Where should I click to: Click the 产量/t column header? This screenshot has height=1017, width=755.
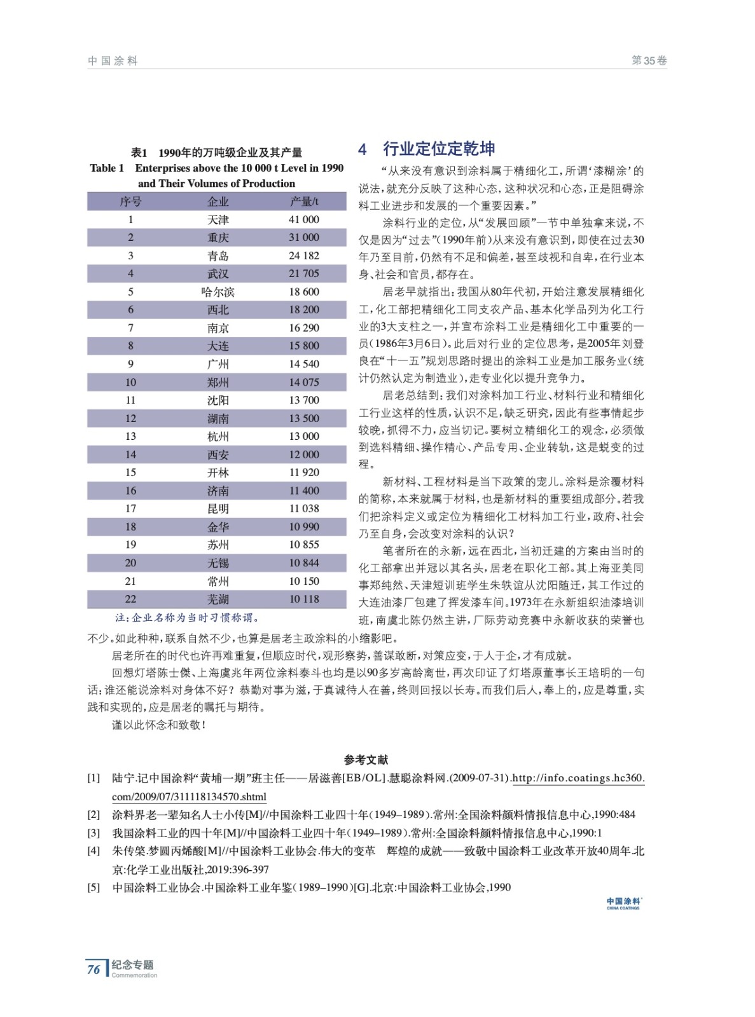pyautogui.click(x=304, y=201)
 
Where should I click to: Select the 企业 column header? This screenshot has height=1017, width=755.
pyautogui.click(x=218, y=201)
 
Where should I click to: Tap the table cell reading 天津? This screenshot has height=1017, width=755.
pyautogui.click(x=218, y=219)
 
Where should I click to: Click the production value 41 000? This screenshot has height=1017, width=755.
pyautogui.click(x=304, y=219)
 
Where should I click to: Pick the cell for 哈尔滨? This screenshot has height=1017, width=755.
pyautogui.click(x=218, y=292)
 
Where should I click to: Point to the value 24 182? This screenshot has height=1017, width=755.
pyautogui.click(x=304, y=256)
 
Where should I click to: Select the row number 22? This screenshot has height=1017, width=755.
pyautogui.click(x=130, y=599)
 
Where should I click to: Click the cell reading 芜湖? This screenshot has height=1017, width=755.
pyautogui.click(x=218, y=599)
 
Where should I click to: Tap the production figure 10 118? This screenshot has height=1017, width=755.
pyautogui.click(x=304, y=599)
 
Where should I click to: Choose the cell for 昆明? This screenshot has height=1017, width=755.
pyautogui.click(x=218, y=508)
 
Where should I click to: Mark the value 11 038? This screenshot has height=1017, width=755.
pyautogui.click(x=304, y=508)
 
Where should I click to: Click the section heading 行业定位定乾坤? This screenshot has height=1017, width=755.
pyautogui.click(x=438, y=149)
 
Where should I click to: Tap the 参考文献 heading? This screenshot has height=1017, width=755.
pyautogui.click(x=366, y=760)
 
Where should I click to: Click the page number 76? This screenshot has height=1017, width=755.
pyautogui.click(x=94, y=969)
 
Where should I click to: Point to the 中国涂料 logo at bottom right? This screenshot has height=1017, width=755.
pyautogui.click(x=623, y=903)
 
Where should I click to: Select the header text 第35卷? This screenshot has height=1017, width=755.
pyautogui.click(x=649, y=61)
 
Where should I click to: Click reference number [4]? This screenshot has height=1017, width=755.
pyautogui.click(x=94, y=851)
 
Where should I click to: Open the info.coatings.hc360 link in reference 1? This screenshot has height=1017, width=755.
pyautogui.click(x=578, y=778)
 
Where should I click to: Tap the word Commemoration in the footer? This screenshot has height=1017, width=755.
pyautogui.click(x=134, y=976)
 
